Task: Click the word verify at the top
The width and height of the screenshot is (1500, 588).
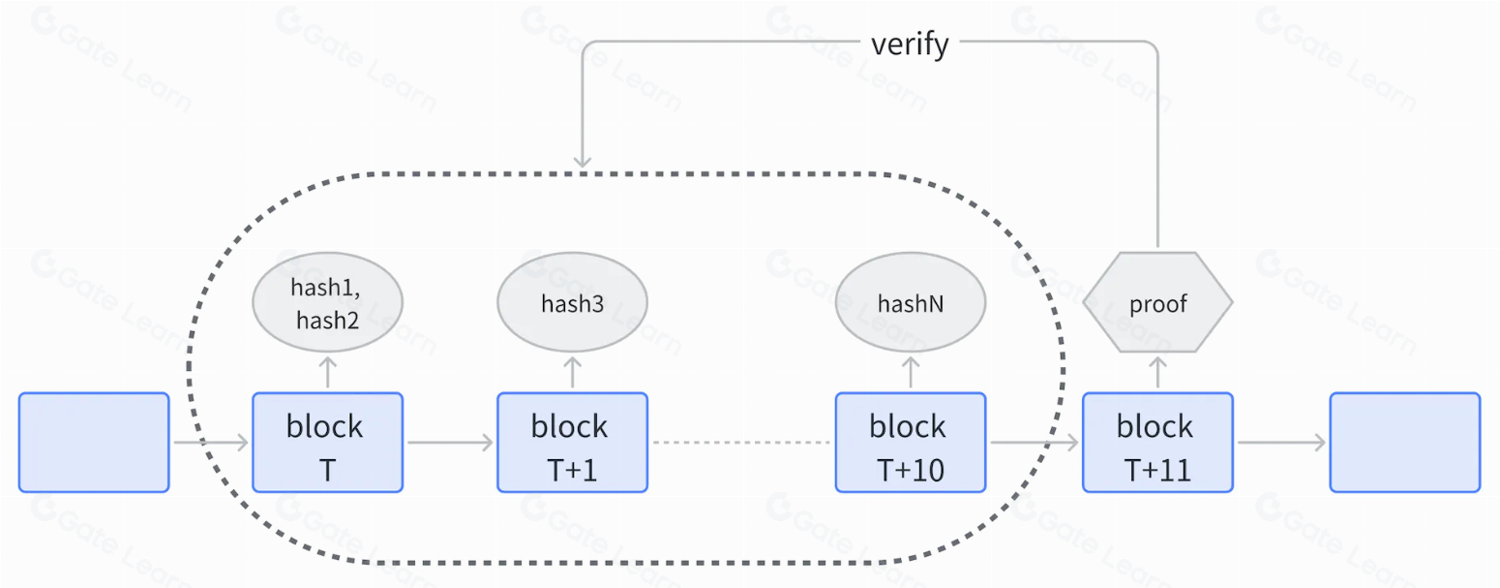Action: point(910,45)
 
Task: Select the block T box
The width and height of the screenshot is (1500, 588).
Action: point(327,443)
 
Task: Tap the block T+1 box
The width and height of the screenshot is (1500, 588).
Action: point(573,443)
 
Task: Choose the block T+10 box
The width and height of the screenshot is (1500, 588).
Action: point(911,443)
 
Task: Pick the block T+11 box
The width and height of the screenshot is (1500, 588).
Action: point(1157,443)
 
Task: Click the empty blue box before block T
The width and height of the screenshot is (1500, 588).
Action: point(94,443)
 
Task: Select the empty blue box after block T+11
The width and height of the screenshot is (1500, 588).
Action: point(1405,443)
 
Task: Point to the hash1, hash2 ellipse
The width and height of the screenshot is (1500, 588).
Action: point(327,302)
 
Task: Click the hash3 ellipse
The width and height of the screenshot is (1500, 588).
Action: point(573,302)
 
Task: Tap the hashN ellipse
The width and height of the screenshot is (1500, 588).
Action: point(911,302)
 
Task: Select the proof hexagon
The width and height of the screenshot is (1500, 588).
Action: point(1157,302)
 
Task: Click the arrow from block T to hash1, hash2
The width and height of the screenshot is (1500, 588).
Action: point(327,372)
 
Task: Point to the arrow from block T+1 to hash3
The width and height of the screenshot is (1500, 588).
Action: point(573,372)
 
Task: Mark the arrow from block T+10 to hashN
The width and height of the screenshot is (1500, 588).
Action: point(911,372)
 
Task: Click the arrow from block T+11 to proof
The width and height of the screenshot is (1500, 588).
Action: point(1157,372)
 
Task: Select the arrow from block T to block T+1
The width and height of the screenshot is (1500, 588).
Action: point(450,443)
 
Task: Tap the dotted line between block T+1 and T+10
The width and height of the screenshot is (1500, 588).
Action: point(741,443)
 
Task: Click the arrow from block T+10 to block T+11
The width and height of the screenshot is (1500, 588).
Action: point(1035,443)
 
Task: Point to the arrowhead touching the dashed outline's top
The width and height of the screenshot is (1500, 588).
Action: point(583,161)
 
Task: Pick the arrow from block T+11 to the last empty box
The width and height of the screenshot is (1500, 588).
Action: point(1281,443)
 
